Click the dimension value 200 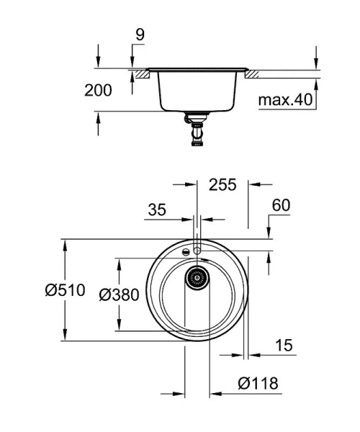click(x=98, y=91)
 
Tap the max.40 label click(x=287, y=100)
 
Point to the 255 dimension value click(x=222, y=184)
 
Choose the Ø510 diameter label click(x=64, y=291)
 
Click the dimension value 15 click(x=284, y=346)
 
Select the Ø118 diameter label click(x=258, y=384)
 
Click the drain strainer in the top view click(x=197, y=276)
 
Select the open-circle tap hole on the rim click(x=197, y=249)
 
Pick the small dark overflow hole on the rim click(x=186, y=252)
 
